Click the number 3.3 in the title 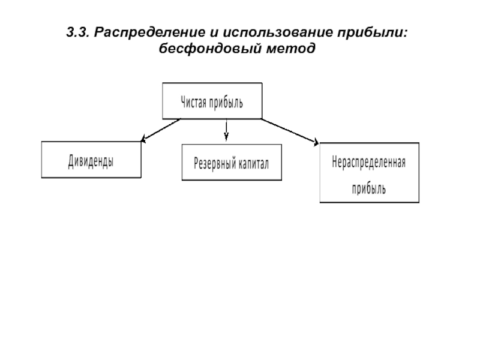(78, 32)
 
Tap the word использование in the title (278, 33)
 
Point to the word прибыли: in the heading (373, 33)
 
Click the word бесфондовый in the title (211, 49)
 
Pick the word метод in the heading (291, 49)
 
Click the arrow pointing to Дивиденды (160, 130)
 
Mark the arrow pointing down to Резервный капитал (226, 130)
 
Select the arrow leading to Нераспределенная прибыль (290, 131)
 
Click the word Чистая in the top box (193, 102)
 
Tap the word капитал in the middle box (253, 164)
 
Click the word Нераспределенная (369, 162)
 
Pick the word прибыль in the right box (368, 188)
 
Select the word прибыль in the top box (226, 103)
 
